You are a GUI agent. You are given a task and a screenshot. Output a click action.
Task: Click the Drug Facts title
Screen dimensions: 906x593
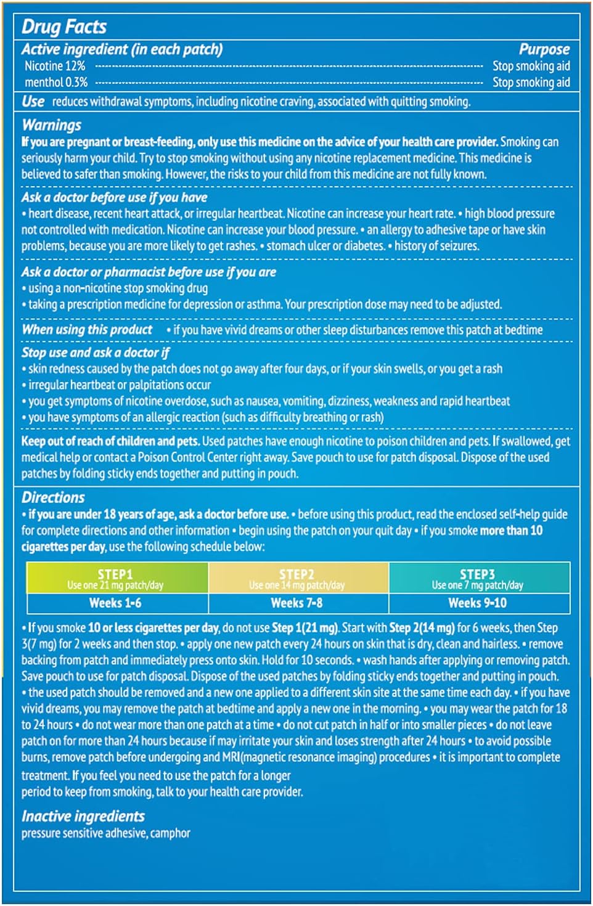64,27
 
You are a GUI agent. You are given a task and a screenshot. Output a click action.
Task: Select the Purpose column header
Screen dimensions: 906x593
544,49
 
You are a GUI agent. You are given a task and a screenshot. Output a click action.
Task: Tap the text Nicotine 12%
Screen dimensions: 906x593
55,66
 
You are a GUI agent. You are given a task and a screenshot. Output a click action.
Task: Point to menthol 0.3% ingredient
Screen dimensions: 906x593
56,82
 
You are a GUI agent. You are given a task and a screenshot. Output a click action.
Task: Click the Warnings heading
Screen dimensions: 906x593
52,125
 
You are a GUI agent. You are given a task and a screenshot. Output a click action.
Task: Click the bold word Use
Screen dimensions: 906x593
33,102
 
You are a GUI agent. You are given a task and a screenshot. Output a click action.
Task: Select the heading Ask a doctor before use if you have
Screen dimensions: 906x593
114,197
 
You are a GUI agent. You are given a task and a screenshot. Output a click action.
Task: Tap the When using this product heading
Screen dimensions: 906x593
87,330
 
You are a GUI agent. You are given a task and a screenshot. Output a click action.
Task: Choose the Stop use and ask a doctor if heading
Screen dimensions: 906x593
96,353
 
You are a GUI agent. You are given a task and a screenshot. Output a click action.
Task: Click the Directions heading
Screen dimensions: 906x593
53,497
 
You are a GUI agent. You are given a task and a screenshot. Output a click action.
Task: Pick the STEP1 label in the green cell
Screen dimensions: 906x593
115,574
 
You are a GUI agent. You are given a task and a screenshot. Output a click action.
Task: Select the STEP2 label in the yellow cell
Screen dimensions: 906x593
296,574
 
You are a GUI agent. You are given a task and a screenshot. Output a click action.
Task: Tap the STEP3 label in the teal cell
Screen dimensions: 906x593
477,574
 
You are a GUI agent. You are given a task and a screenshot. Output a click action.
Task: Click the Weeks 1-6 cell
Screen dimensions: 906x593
115,603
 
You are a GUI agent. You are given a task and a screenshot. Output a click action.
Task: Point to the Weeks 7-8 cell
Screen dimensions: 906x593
296,603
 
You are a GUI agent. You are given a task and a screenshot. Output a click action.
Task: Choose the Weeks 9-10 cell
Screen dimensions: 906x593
477,603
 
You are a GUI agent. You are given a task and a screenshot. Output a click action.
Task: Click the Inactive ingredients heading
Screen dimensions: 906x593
83,816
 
